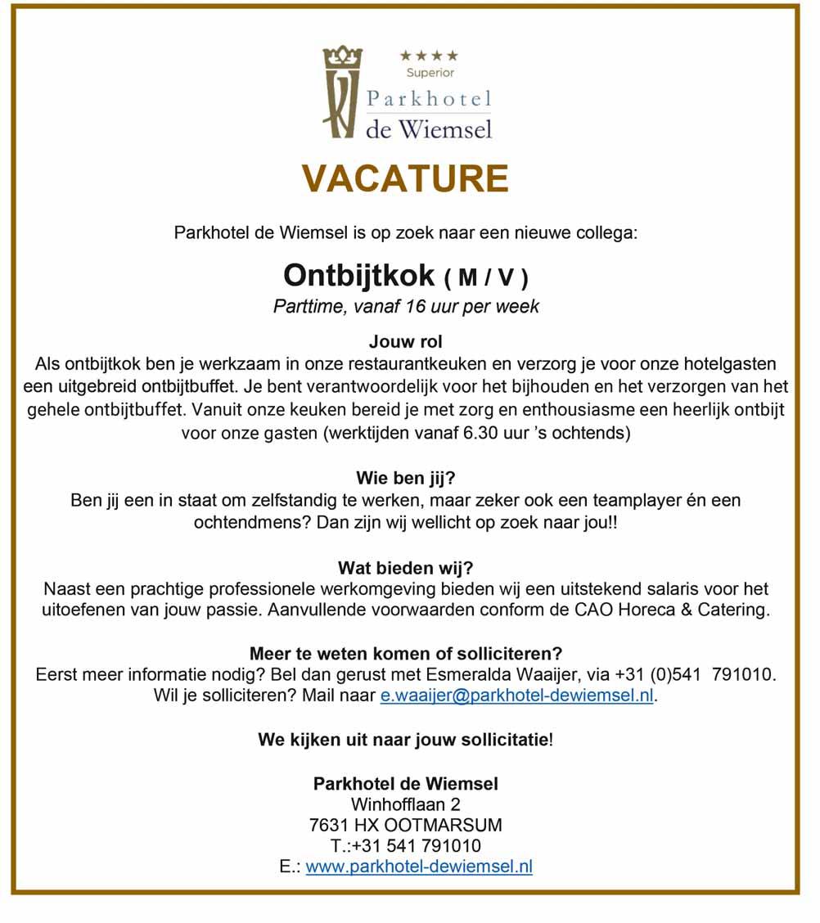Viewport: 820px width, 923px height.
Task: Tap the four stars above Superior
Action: click(430, 56)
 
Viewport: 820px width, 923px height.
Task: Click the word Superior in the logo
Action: click(430, 73)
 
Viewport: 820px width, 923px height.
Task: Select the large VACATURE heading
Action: click(405, 179)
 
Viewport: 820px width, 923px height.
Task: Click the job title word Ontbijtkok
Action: click(358, 275)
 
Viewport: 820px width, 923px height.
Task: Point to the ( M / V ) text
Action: click(486, 278)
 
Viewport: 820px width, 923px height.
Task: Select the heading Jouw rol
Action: click(405, 340)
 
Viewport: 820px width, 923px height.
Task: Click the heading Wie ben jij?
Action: click(405, 478)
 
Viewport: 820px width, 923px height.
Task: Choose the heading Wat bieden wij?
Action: click(405, 567)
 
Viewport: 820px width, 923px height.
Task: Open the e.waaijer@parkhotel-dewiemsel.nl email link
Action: click(517, 696)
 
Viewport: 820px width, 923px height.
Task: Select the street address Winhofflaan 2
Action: click(405, 804)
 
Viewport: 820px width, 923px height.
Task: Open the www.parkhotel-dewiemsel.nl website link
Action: click(419, 867)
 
